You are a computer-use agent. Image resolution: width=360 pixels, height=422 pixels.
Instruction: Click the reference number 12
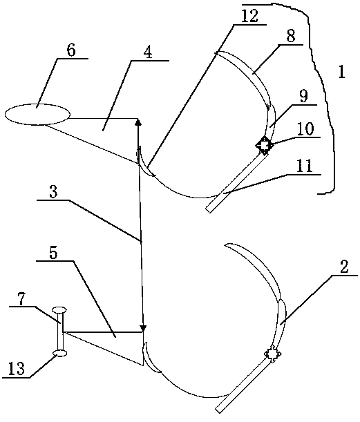coord(249,16)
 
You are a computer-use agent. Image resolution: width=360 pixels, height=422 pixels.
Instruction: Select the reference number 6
coord(70,50)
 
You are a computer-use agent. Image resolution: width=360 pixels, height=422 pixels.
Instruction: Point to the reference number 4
coord(148,52)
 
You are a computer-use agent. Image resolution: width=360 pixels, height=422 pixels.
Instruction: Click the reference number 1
coord(342,71)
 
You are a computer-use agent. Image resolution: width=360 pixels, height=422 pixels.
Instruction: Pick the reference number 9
coord(303,96)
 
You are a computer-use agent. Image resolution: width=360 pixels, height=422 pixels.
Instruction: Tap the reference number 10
coord(306,128)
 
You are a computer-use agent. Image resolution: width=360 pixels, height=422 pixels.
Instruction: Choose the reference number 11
coord(306,166)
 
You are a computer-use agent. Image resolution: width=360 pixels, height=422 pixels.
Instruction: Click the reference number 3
coord(53,192)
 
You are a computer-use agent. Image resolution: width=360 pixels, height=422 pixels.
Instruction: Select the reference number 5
coord(53,253)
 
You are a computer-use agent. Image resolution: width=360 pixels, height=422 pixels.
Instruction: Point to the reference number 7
coord(23,298)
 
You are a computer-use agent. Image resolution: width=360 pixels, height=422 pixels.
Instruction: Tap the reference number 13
coord(17,368)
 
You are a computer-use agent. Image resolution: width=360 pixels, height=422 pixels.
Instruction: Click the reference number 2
coord(344,267)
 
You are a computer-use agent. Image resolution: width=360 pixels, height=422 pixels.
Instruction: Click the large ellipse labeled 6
coord(37,115)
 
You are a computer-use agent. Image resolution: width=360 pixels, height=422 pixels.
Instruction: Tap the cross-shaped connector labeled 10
coord(265,145)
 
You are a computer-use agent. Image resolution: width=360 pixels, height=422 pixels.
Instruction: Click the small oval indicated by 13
coord(60,353)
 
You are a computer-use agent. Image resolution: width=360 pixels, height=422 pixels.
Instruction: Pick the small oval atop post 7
coord(59,310)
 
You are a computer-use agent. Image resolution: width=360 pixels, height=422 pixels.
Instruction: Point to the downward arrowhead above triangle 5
coord(144,328)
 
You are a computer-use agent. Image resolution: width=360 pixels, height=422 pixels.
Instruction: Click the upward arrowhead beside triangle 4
coord(138,122)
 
